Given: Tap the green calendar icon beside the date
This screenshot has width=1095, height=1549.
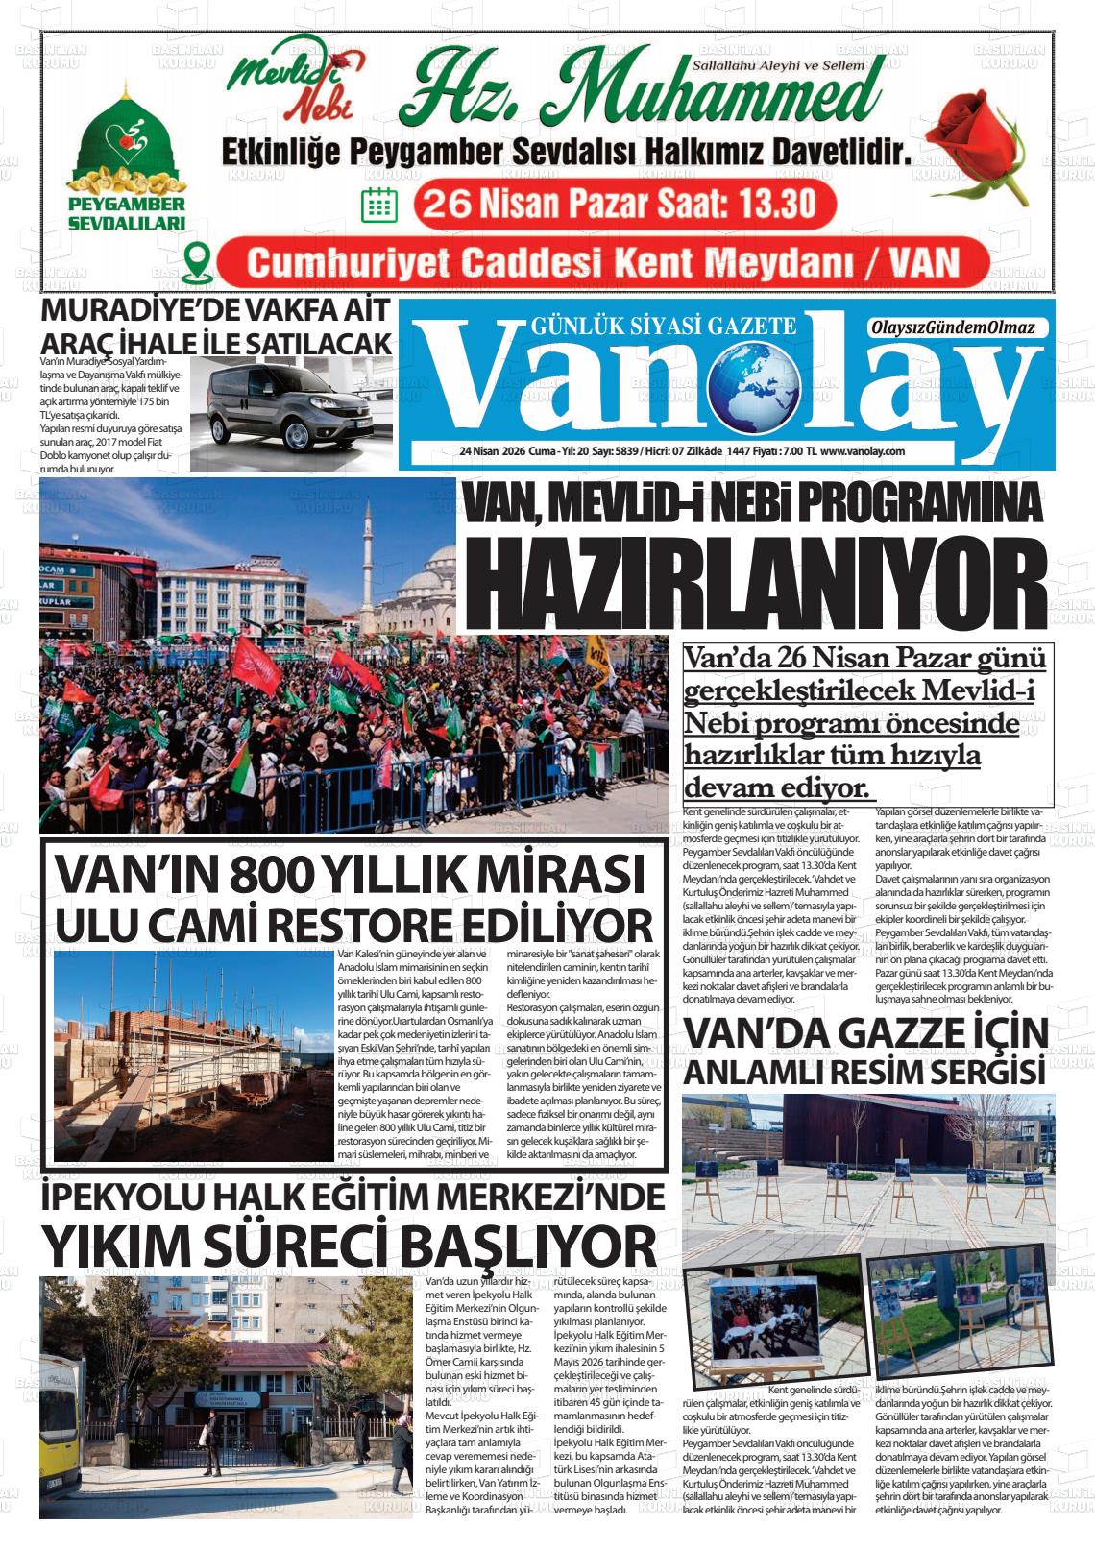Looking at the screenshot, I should (378, 205).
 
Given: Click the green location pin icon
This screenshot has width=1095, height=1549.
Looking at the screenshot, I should (198, 260).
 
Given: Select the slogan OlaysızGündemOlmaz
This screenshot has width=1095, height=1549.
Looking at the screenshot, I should (952, 328).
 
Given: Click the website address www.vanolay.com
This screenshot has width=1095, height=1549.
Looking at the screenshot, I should (863, 451).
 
